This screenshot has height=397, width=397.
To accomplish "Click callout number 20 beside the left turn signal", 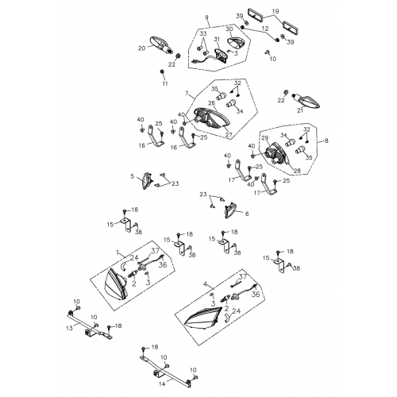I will pos(142,48).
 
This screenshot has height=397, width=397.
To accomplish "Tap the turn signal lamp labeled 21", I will pos(306,99).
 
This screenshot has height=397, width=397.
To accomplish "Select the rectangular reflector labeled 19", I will pos(268,13).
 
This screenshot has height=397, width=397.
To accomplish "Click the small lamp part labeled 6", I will pos(233,210).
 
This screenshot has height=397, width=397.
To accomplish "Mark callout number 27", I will pos(218,135).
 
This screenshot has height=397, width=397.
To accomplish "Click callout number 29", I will pos(264,138).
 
